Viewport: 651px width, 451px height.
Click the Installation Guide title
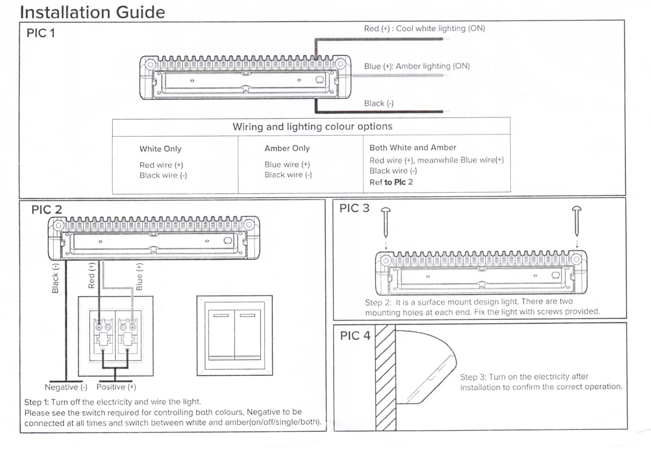pos(92,12)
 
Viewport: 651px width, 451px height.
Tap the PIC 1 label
pos(41,33)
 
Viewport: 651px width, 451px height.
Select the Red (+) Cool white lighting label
pos(424,29)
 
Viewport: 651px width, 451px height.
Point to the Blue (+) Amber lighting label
pos(416,66)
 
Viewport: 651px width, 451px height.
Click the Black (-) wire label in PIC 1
pos(378,103)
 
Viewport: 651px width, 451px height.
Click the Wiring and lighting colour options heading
pos(312,127)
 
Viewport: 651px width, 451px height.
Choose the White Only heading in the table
pos(160,149)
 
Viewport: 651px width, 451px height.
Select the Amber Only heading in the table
pos(287,148)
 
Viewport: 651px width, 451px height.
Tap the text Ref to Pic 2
pos(391,182)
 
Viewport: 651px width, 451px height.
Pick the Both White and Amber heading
pos(412,148)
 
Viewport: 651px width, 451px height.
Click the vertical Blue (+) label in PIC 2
pos(139,277)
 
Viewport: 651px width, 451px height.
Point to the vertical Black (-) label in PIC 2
pos(55,278)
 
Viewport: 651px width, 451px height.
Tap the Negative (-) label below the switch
pos(66,387)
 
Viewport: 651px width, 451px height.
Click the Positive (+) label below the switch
pos(116,387)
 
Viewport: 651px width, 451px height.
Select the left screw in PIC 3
pos(386,222)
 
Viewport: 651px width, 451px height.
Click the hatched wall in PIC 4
pos(385,378)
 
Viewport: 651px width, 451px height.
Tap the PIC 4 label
pos(355,336)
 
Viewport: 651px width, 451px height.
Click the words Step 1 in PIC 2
pos(37,402)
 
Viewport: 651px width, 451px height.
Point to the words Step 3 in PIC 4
pos(473,377)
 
